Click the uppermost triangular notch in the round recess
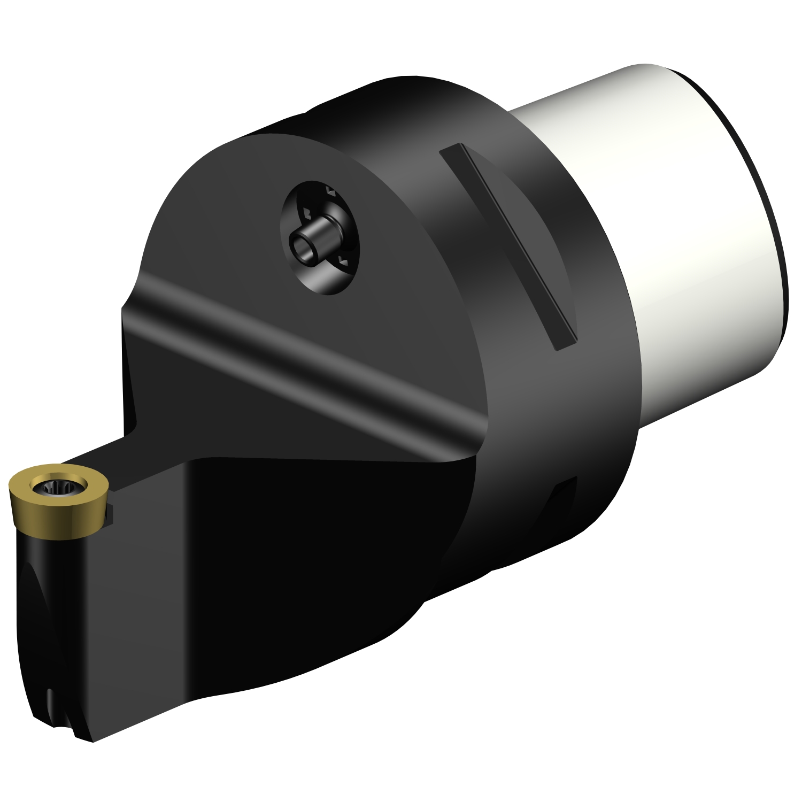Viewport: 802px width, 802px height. tap(330, 191)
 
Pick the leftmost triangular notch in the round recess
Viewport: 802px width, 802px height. tap(307, 214)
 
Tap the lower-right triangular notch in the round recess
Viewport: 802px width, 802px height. tap(343, 260)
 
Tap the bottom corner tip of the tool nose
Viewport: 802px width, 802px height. tap(91, 741)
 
